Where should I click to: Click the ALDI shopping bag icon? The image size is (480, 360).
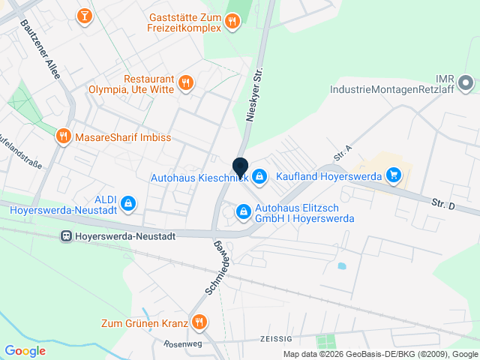(128, 202)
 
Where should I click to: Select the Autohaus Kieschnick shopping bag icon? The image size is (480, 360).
(259, 176)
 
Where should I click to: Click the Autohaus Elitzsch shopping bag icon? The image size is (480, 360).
(243, 213)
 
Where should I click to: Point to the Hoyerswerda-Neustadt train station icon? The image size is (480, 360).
(67, 235)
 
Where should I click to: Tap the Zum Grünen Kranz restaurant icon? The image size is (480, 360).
(199, 323)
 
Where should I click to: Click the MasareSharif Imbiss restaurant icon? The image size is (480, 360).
(64, 137)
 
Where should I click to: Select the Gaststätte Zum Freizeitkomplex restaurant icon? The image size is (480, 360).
(232, 21)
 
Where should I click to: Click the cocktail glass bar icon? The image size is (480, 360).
(85, 15)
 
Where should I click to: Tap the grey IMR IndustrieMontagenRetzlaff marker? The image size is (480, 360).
(465, 82)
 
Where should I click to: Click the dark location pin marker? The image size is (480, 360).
(240, 168)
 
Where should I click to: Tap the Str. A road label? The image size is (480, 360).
(343, 154)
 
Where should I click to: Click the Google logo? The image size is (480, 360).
(25, 350)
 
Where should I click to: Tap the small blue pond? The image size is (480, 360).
(342, 265)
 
